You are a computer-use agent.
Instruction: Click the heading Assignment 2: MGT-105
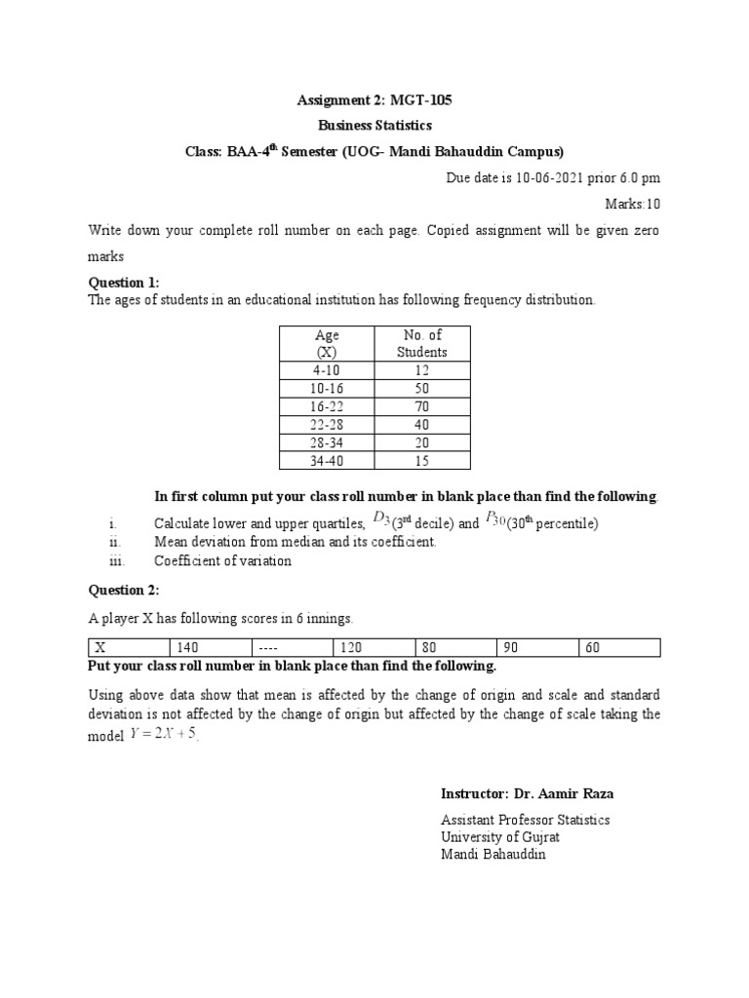pos(374,100)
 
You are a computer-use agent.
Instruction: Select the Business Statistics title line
pos(374,126)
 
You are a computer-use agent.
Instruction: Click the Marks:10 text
pos(633,205)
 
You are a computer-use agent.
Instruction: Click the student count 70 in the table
pos(421,406)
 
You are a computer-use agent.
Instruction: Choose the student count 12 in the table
pos(421,370)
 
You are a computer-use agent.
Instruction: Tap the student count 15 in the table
pos(421,460)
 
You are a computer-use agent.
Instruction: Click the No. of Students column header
pos(421,343)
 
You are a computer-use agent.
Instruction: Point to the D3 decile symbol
pos(381,522)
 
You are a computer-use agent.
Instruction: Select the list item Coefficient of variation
pos(222,560)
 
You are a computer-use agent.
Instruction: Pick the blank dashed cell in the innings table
pos(265,647)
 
